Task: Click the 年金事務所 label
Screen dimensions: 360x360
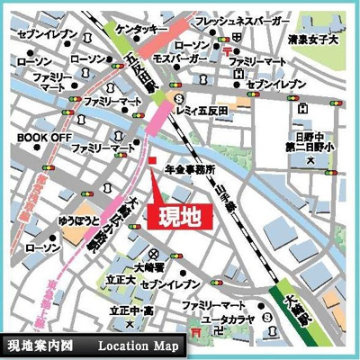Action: pyautogui.click(x=189, y=169)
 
